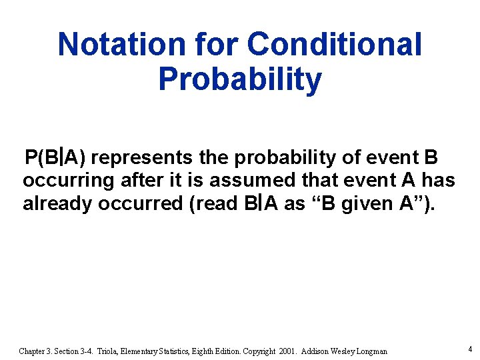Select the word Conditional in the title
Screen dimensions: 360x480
[335, 45]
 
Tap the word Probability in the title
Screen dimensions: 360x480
[240, 79]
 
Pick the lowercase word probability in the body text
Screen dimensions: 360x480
[277, 158]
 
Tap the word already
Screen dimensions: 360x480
[58, 203]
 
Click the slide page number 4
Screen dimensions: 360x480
[470, 349]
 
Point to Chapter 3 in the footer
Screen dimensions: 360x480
[37, 351]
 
